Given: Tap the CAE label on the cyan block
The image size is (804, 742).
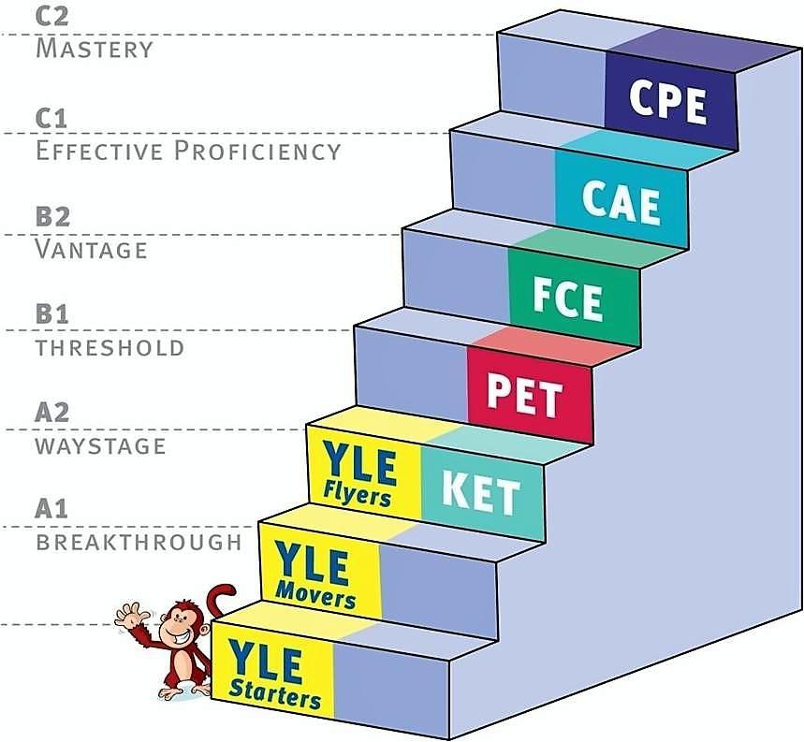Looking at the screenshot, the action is click(621, 201).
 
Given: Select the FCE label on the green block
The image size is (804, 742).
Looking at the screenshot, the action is click(567, 298).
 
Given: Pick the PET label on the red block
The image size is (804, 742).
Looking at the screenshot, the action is click(524, 394).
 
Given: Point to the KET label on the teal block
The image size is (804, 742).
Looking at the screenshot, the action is click(480, 491).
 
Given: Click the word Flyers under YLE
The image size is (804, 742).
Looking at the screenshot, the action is click(358, 496).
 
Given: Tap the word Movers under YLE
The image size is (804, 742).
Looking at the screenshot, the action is click(315, 596).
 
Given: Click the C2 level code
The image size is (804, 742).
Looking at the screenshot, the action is click(51, 17).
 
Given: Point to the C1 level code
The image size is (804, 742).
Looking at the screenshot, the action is click(51, 119).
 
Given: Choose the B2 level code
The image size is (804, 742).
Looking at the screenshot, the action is click(52, 216).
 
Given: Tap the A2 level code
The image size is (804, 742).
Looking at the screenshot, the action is click(51, 412).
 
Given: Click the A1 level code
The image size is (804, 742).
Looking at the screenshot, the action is click(51, 509).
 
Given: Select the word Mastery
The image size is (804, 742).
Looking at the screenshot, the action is click(95, 49).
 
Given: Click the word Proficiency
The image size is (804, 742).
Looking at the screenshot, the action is click(257, 151).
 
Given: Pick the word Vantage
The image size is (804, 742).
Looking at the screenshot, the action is click(92, 249).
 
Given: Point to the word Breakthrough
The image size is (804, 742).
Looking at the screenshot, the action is click(139, 542).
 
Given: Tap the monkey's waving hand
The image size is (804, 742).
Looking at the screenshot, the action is click(130, 615).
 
